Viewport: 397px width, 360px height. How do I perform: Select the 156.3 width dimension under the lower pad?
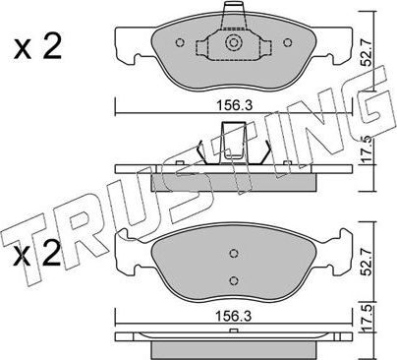click(x=232, y=317)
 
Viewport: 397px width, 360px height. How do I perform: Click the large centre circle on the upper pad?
click(x=233, y=45)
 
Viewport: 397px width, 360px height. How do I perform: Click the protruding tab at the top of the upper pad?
click(x=233, y=14)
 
